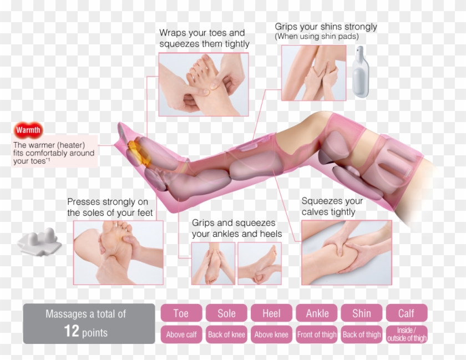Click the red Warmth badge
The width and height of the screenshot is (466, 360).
(28, 130)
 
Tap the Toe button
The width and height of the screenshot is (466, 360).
(181, 313)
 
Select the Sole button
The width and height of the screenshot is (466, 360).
(226, 313)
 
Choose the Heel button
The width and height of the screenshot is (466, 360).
(271, 313)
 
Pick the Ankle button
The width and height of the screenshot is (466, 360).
(317, 313)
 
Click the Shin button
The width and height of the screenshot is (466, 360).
(362, 313)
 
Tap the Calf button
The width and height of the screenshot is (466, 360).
(407, 313)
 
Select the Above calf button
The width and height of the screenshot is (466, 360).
(181, 334)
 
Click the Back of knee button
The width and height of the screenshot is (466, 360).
(226, 334)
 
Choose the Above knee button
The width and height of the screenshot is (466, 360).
(271, 334)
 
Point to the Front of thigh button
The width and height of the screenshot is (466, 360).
(317, 334)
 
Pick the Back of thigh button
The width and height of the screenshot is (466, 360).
(362, 334)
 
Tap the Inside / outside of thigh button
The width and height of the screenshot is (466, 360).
(407, 334)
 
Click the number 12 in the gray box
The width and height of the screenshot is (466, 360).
(71, 332)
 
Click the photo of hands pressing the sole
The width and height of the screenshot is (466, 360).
(118, 252)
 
